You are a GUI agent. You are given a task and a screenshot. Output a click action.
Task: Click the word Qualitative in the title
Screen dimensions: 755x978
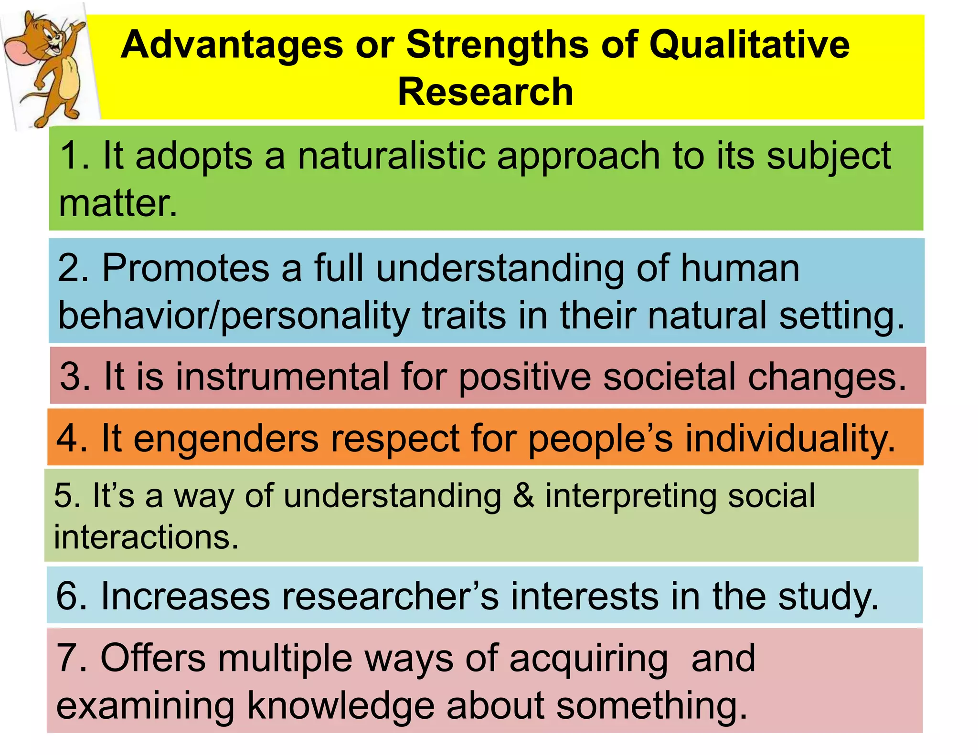(749, 45)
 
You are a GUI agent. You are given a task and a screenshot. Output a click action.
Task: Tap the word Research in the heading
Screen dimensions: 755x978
(485, 92)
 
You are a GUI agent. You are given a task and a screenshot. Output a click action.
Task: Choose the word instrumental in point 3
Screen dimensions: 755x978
(282, 377)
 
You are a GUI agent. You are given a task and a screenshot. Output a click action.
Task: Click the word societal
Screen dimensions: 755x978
(669, 377)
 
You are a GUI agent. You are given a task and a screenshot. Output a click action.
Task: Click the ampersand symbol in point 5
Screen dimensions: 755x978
(523, 496)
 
